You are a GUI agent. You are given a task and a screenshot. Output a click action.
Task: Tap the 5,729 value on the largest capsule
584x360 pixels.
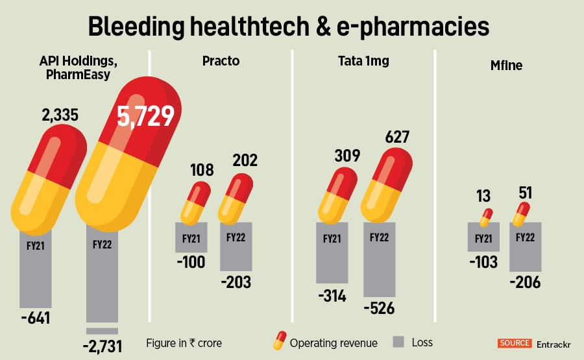click(x=145, y=115)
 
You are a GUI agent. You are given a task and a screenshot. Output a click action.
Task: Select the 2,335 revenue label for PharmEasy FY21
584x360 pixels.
click(x=60, y=115)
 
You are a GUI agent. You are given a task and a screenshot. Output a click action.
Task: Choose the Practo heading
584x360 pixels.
click(x=221, y=62)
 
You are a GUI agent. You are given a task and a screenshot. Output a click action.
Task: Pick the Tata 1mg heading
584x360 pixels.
click(x=363, y=62)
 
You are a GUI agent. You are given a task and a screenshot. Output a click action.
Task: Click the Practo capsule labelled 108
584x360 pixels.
click(x=195, y=202)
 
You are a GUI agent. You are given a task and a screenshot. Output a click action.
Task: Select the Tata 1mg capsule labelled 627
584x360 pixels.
click(x=387, y=184)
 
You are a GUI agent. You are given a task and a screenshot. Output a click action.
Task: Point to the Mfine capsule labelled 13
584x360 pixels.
click(x=485, y=217)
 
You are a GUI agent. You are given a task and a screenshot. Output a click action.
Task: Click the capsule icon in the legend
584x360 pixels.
click(x=279, y=341)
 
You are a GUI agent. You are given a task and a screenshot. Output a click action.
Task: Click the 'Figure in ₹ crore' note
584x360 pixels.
click(x=184, y=342)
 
